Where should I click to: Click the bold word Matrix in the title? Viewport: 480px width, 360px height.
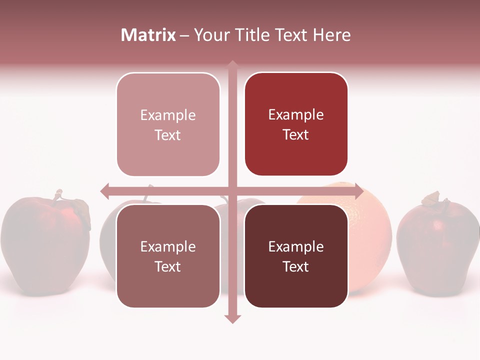coord(148,35)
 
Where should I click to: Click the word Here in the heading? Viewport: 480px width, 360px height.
coord(331,35)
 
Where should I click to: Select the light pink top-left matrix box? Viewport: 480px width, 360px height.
coord(168,124)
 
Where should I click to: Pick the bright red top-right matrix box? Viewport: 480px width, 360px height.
coord(296,124)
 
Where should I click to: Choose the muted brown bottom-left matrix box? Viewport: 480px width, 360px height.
coord(168,256)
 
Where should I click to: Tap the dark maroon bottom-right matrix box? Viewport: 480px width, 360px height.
coord(296,256)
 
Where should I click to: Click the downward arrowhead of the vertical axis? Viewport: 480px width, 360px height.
coord(232,318)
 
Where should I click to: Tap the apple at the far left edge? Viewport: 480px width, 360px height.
coord(45,245)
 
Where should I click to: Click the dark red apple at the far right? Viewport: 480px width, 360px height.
coord(437,245)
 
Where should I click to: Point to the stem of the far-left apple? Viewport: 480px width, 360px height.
coord(58,195)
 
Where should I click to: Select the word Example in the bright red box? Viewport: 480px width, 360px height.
coord(296,115)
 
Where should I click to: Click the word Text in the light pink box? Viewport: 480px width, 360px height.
coord(168,135)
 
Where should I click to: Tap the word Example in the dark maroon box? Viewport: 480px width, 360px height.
coord(296,246)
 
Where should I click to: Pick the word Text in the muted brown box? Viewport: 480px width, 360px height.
coord(168,266)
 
